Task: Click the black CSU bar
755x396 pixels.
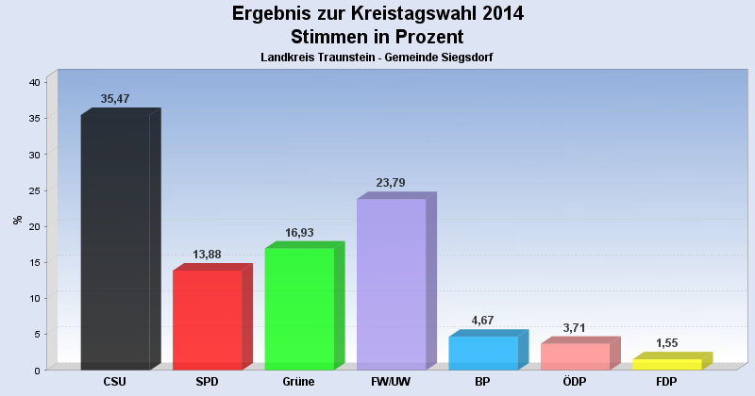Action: pyautogui.click(x=115, y=241)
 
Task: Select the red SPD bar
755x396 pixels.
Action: pyautogui.click(x=208, y=320)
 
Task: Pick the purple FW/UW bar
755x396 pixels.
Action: pyautogui.click(x=392, y=284)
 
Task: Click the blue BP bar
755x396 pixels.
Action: pyautogui.click(x=483, y=353)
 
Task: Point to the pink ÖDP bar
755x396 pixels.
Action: pyautogui.click(x=576, y=356)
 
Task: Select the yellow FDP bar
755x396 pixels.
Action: pyautogui.click(x=667, y=364)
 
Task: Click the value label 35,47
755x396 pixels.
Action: pyautogui.click(x=115, y=99)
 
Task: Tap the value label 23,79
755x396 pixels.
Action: pyautogui.click(x=392, y=183)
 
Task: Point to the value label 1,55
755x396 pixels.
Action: pyautogui.click(x=667, y=343)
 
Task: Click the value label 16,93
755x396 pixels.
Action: pyautogui.click(x=299, y=232)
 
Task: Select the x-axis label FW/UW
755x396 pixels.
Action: pyautogui.click(x=392, y=382)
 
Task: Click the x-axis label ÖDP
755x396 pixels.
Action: pyautogui.click(x=576, y=382)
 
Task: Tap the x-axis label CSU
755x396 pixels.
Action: pyautogui.click(x=115, y=382)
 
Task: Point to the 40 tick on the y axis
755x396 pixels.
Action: pyautogui.click(x=33, y=83)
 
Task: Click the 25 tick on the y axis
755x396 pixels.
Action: pyautogui.click(x=33, y=190)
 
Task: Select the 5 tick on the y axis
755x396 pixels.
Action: pyautogui.click(x=36, y=334)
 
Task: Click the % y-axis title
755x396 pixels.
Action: pyautogui.click(x=17, y=220)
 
